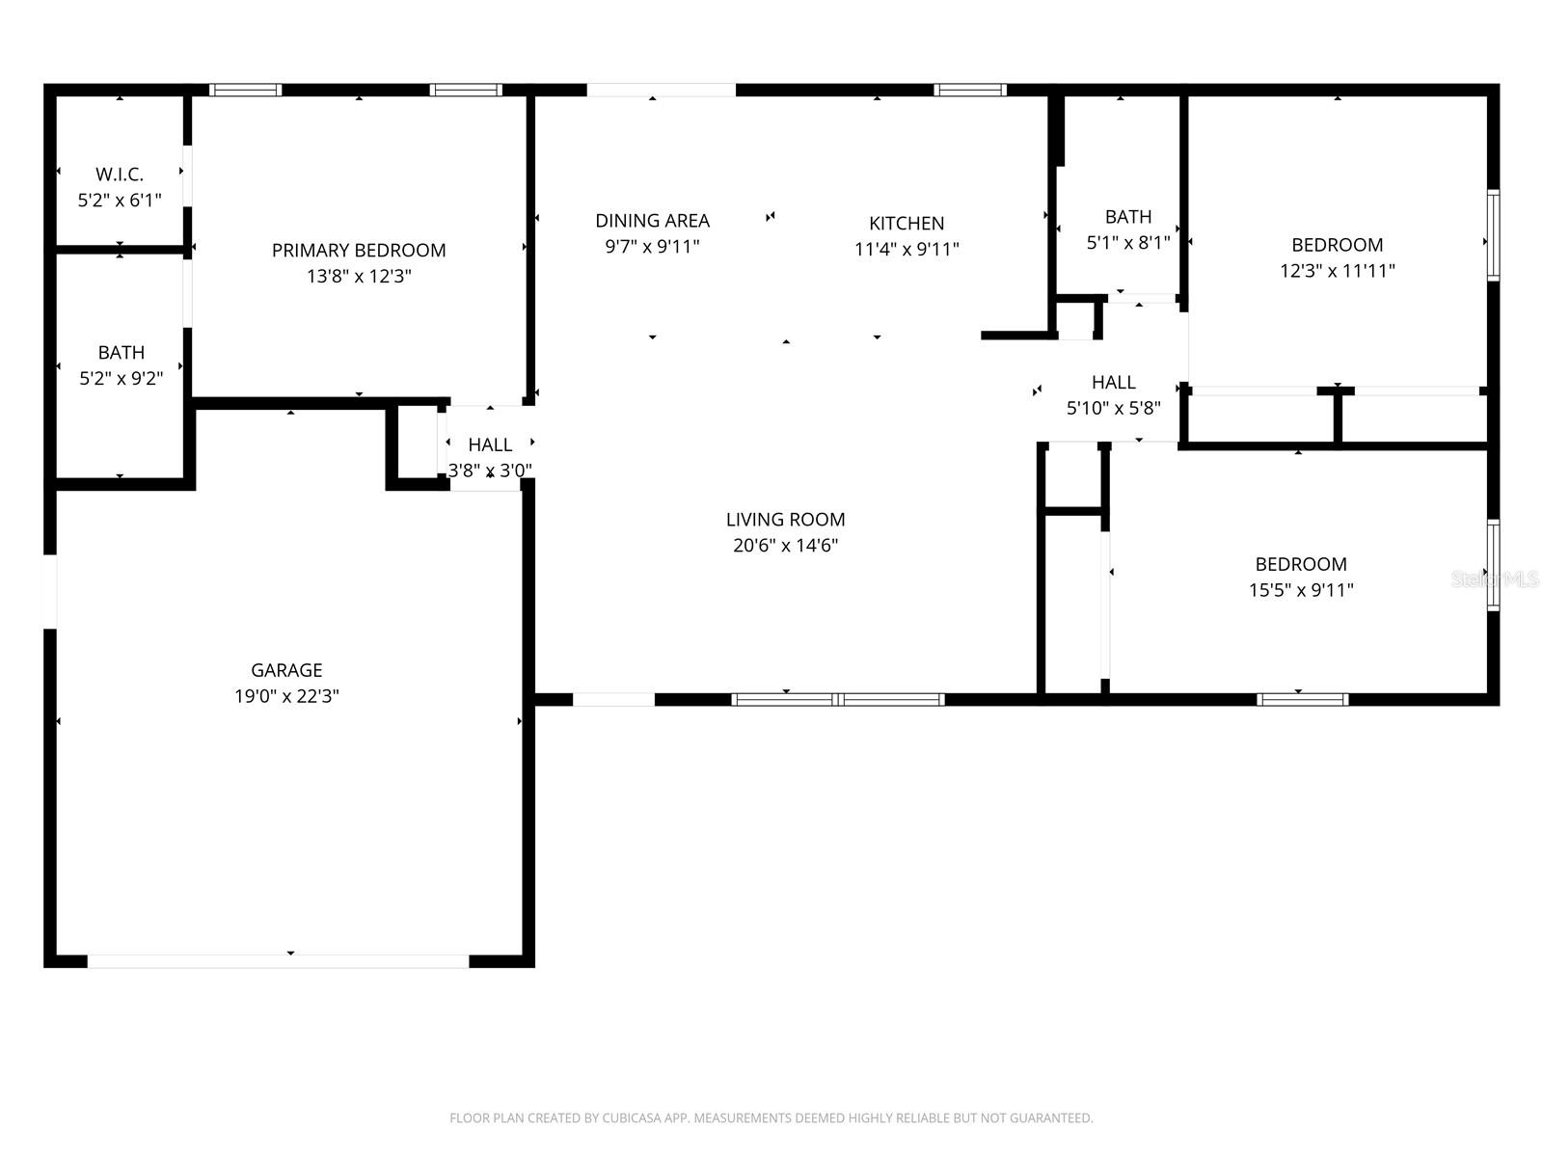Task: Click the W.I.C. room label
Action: (x=120, y=175)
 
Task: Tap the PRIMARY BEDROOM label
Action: (x=359, y=251)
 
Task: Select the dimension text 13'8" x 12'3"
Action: (x=359, y=277)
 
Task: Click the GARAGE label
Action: (x=286, y=670)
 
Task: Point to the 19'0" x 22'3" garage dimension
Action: (x=286, y=696)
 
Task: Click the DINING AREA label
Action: (x=652, y=221)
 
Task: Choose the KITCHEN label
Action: (x=907, y=224)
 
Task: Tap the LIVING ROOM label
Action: (x=785, y=520)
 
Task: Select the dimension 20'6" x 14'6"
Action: (x=785, y=546)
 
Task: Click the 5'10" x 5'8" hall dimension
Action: (x=1113, y=408)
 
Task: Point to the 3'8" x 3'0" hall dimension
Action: (x=490, y=471)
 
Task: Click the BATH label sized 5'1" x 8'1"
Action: (x=1128, y=217)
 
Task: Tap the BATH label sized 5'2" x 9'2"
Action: (x=122, y=353)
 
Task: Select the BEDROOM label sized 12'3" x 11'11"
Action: (x=1337, y=245)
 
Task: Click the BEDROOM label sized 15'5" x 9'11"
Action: (x=1301, y=564)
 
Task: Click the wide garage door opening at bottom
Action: (x=278, y=961)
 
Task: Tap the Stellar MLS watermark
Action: (x=1496, y=578)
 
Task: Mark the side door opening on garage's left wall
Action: (x=50, y=591)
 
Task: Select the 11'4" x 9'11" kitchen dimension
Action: (x=907, y=250)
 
